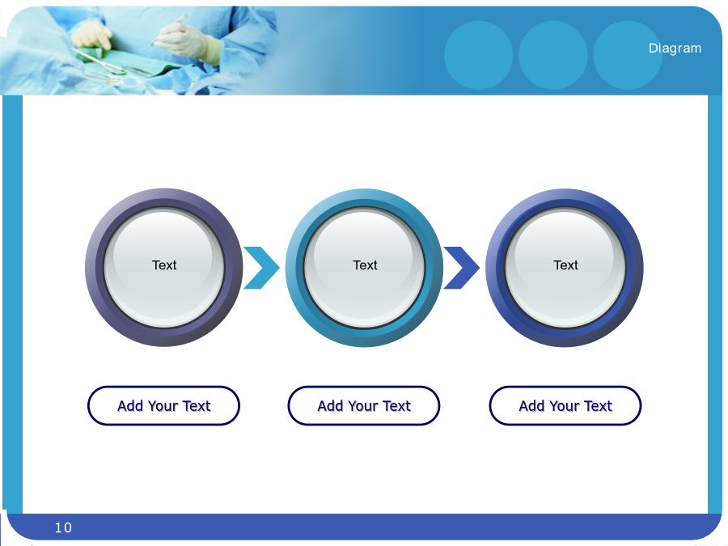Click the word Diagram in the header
click(x=675, y=49)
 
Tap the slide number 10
click(x=63, y=527)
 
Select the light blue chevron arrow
click(x=261, y=268)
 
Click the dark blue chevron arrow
click(x=462, y=268)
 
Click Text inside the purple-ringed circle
click(x=164, y=265)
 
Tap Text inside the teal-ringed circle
click(x=365, y=265)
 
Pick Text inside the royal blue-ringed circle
click(x=565, y=265)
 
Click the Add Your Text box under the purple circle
click(x=164, y=406)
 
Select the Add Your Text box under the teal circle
click(x=364, y=406)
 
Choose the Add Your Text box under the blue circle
click(x=565, y=406)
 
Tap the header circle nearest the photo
click(x=479, y=55)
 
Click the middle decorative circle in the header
click(x=553, y=55)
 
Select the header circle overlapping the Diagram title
click(x=627, y=55)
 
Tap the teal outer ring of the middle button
click(x=294, y=268)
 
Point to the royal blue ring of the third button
click(x=495, y=268)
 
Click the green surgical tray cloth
click(x=134, y=62)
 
